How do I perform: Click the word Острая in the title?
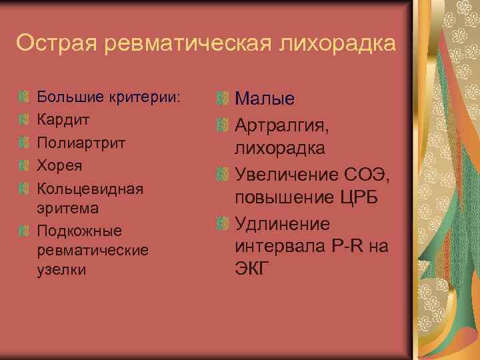tap(56, 43)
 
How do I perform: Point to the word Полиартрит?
tap(81, 143)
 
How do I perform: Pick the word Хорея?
tap(61, 165)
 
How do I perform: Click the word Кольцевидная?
tap(91, 187)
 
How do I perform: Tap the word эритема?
tap(69, 208)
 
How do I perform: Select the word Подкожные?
tap(79, 231)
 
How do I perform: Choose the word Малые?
tap(265, 99)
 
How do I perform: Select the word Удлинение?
tap(283, 223)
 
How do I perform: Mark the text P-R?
tap(347, 246)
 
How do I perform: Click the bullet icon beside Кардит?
tap(23, 120)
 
